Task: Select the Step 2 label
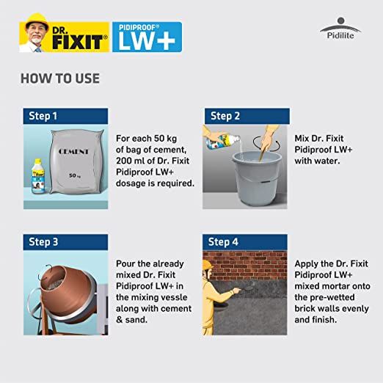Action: (x=225, y=116)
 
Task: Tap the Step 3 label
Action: (x=43, y=241)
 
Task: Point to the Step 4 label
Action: (x=224, y=241)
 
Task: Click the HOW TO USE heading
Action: (x=59, y=79)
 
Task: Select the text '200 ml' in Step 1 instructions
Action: (x=132, y=160)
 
